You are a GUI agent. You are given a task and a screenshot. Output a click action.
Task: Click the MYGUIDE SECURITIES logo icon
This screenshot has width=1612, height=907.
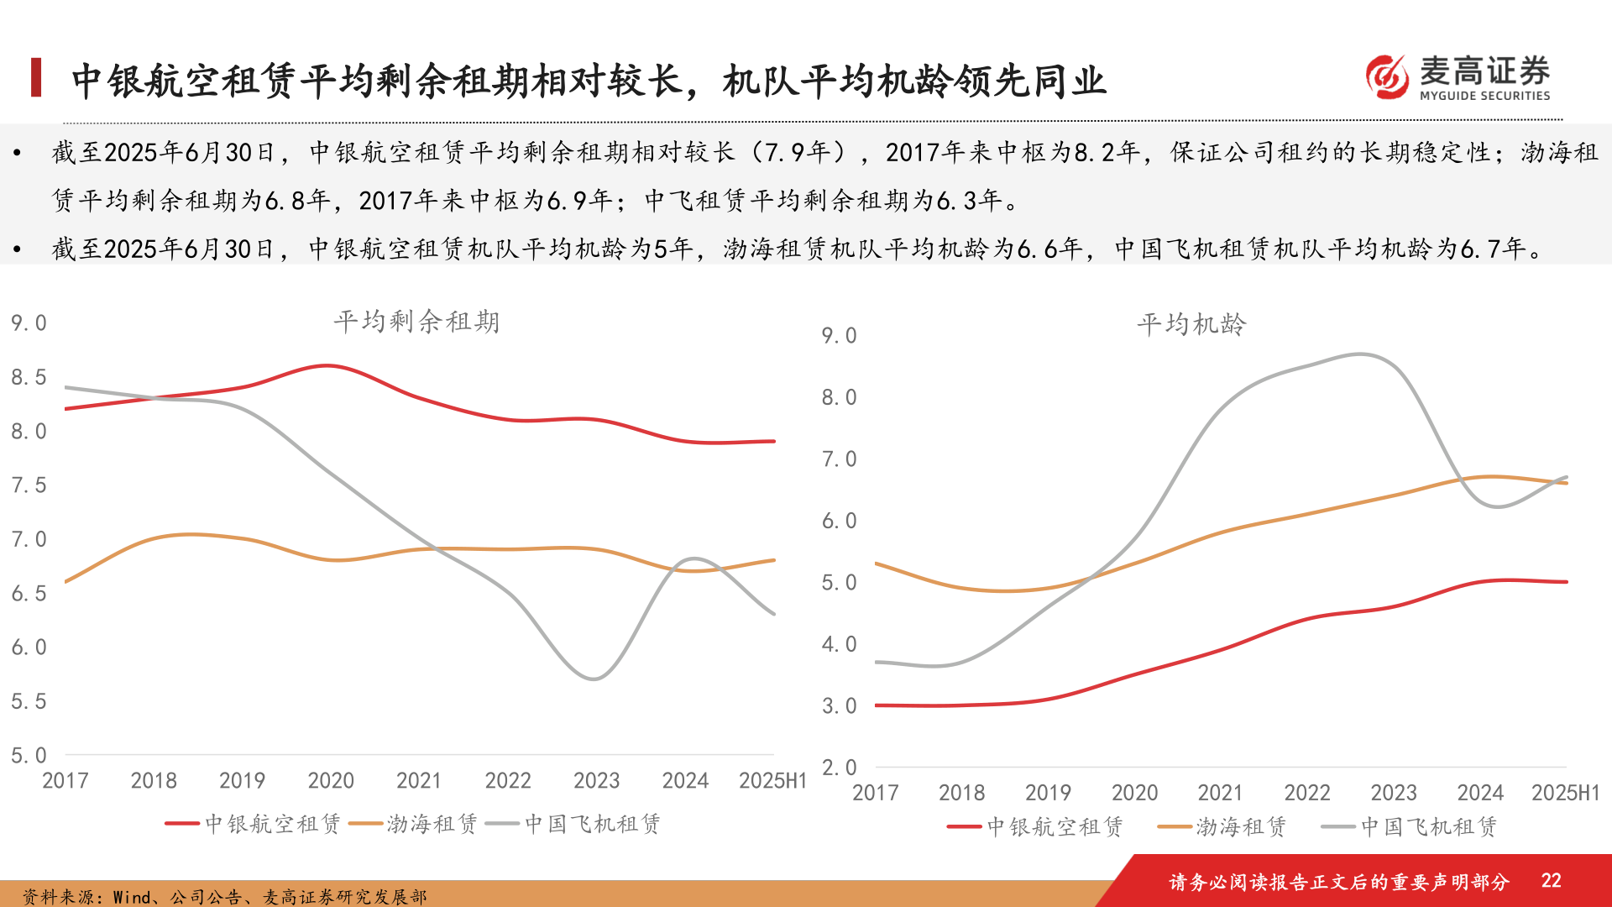tap(1386, 77)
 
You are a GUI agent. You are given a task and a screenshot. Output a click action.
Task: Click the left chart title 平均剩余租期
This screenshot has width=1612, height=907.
tap(416, 322)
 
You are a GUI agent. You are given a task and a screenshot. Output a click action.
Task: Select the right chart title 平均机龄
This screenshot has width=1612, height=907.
tap(1191, 324)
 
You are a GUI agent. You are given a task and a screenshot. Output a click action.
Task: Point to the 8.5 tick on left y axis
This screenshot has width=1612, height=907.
tap(29, 377)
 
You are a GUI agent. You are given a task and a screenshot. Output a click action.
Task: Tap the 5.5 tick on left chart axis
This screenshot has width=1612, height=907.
tap(29, 701)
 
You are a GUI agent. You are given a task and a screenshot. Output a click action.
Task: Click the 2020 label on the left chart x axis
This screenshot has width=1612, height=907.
tap(331, 780)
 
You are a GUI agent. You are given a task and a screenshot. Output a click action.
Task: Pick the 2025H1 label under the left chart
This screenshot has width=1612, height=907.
tap(772, 780)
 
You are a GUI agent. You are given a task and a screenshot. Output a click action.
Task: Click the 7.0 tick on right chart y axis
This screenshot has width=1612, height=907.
tap(839, 459)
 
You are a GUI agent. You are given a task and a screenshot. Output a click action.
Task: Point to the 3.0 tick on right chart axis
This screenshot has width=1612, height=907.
tap(839, 705)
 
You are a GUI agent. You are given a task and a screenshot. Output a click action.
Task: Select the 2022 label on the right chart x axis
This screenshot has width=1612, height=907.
tap(1306, 792)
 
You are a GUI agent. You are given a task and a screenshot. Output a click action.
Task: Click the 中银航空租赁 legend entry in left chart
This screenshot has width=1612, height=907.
tap(254, 824)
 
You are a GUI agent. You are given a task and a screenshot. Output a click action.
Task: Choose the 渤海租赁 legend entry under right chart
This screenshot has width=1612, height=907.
tap(1222, 827)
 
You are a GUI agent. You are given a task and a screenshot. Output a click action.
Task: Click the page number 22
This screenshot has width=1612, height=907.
tap(1551, 880)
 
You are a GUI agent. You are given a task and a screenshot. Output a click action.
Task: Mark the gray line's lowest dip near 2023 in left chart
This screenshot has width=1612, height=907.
tap(594, 679)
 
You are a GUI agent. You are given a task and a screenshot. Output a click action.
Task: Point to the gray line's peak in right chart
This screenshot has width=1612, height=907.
tap(1361, 354)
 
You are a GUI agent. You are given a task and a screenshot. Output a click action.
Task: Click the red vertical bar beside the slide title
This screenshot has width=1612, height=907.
tap(36, 77)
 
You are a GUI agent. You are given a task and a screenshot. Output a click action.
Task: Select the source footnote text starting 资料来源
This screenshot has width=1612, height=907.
tap(224, 896)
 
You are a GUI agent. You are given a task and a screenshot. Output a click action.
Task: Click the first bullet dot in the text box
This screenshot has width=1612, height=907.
tap(17, 153)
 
